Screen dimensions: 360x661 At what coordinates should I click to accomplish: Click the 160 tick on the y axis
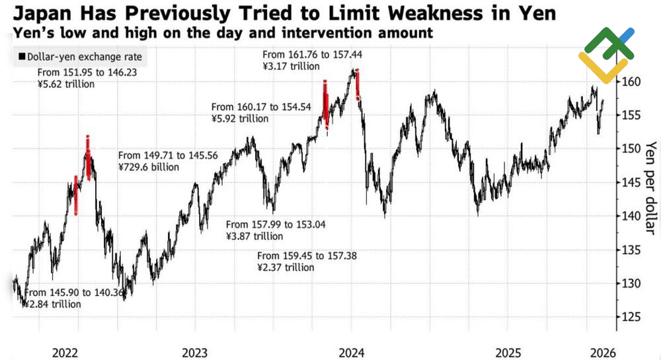pyautogui.click(x=631, y=82)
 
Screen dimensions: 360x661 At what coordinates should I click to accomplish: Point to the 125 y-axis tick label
pyautogui.click(x=631, y=317)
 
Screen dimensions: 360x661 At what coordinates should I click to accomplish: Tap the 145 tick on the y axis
pyautogui.click(x=631, y=182)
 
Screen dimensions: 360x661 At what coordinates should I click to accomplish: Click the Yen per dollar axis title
pyautogui.click(x=651, y=188)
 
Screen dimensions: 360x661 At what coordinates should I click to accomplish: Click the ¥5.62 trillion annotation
pyautogui.click(x=66, y=85)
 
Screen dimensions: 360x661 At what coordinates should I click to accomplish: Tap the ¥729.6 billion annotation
pyautogui.click(x=149, y=167)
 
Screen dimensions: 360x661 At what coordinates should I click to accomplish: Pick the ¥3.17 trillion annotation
pyautogui.click(x=292, y=66)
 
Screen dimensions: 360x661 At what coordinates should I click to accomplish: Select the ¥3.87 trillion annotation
pyautogui.click(x=254, y=236)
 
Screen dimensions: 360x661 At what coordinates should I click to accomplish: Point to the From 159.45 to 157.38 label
pyautogui.click(x=307, y=256)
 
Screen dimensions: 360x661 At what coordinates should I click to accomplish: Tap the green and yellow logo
pyautogui.click(x=606, y=55)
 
